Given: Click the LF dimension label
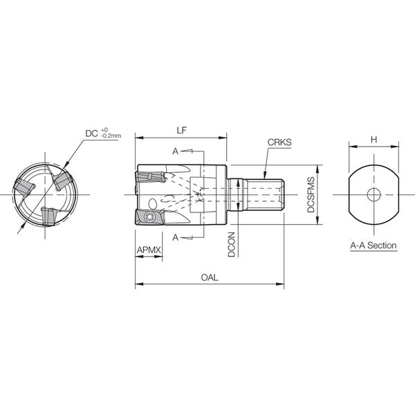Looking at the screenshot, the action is tap(181, 130).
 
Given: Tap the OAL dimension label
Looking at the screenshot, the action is tap(210, 277).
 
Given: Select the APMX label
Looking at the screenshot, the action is tap(149, 250).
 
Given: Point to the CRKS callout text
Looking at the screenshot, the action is tap(279, 142).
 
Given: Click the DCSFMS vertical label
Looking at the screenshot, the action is tap(311, 195).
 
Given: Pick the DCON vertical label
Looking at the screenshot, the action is tap(231, 245).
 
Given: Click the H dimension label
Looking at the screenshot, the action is tap(373, 140).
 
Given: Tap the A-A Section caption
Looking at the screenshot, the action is tap(373, 246).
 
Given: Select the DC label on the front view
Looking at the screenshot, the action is tap(91, 133).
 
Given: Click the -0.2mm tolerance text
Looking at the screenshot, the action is tap(111, 136).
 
